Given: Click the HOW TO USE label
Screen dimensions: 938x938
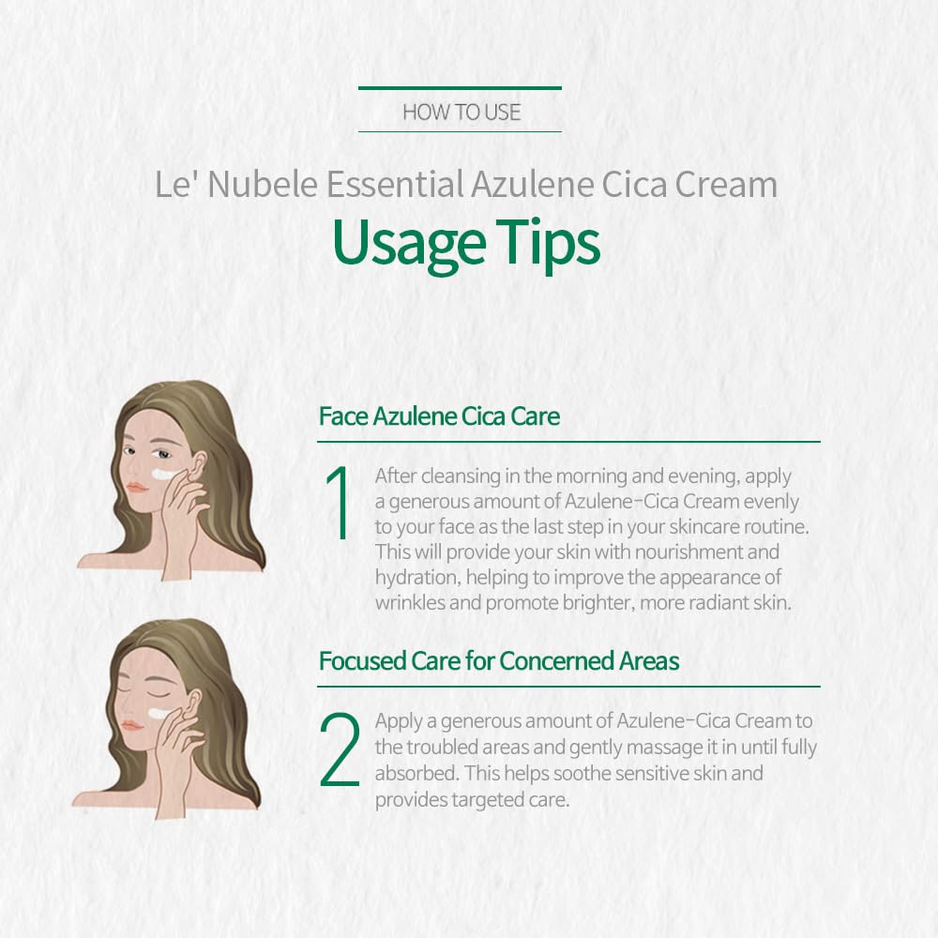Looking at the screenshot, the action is (x=461, y=112).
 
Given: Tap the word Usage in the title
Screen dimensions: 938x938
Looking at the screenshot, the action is (x=409, y=244).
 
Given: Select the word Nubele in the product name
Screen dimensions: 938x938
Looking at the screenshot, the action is (x=262, y=184).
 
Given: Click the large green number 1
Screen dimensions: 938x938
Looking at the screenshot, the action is (x=340, y=503).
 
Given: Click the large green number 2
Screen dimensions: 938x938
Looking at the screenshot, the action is (x=340, y=749).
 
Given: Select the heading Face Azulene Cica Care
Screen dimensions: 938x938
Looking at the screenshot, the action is (x=439, y=416).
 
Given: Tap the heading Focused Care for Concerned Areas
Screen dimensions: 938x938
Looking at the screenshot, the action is (x=499, y=661).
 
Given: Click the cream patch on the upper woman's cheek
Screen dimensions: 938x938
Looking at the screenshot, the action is (x=164, y=474).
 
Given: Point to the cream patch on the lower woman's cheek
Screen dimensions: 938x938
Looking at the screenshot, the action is (x=160, y=714).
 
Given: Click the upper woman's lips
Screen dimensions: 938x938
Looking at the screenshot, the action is (x=137, y=488).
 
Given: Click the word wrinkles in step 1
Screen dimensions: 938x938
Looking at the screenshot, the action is (x=411, y=602).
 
